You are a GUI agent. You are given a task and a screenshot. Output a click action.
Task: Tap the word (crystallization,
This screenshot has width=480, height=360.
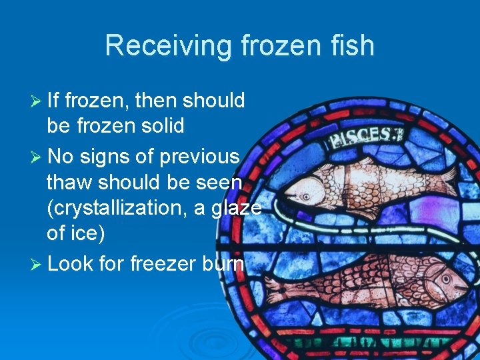click(127, 207)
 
